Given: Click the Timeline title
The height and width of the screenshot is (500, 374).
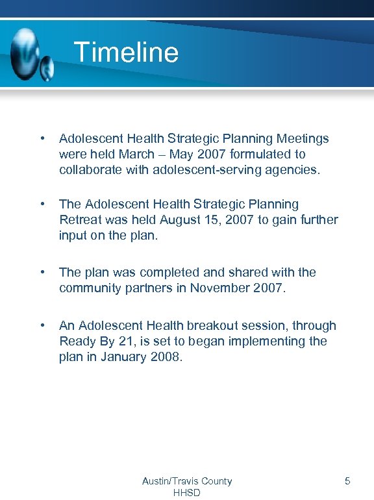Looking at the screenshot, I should [x=126, y=52].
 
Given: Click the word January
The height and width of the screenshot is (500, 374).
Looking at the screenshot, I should [x=125, y=356].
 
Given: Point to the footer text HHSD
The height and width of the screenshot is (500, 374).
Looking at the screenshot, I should [x=187, y=493].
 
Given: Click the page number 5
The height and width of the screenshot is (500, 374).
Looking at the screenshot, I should [x=347, y=481].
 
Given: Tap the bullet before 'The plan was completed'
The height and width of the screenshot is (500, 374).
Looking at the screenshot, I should [x=42, y=272].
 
